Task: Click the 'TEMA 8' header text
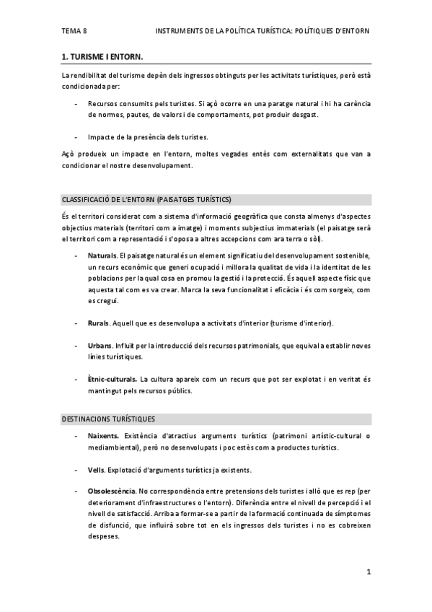[x=74, y=31]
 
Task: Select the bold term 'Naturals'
[x=102, y=256]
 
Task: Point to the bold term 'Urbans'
[x=100, y=346]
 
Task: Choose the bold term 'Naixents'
[x=103, y=437]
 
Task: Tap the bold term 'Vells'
[x=96, y=470]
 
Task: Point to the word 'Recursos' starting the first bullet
[x=103, y=104]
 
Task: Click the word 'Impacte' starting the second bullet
[x=101, y=136]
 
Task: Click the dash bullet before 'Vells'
[x=76, y=470]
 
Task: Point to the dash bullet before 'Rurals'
[x=76, y=322]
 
